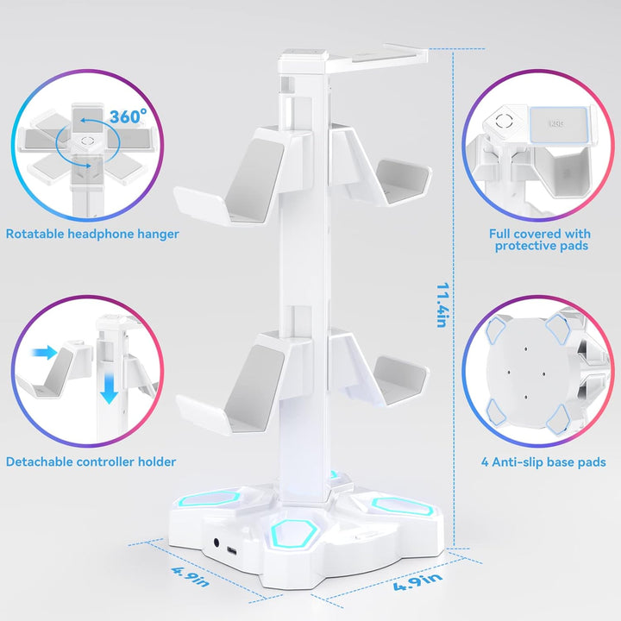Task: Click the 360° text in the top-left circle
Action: [128, 116]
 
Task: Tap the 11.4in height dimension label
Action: [442, 305]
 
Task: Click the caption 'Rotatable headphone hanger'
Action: [92, 234]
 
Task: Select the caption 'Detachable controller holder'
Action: [91, 461]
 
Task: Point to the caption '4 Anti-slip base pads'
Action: [543, 462]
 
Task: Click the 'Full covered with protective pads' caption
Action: [540, 240]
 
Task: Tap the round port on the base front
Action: [216, 543]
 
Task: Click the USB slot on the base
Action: [232, 551]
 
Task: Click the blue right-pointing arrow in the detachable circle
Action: [45, 352]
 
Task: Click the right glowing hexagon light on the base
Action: [400, 505]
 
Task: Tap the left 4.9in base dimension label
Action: [190, 577]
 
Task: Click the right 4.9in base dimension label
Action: [417, 581]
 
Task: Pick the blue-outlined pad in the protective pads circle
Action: [558, 125]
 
